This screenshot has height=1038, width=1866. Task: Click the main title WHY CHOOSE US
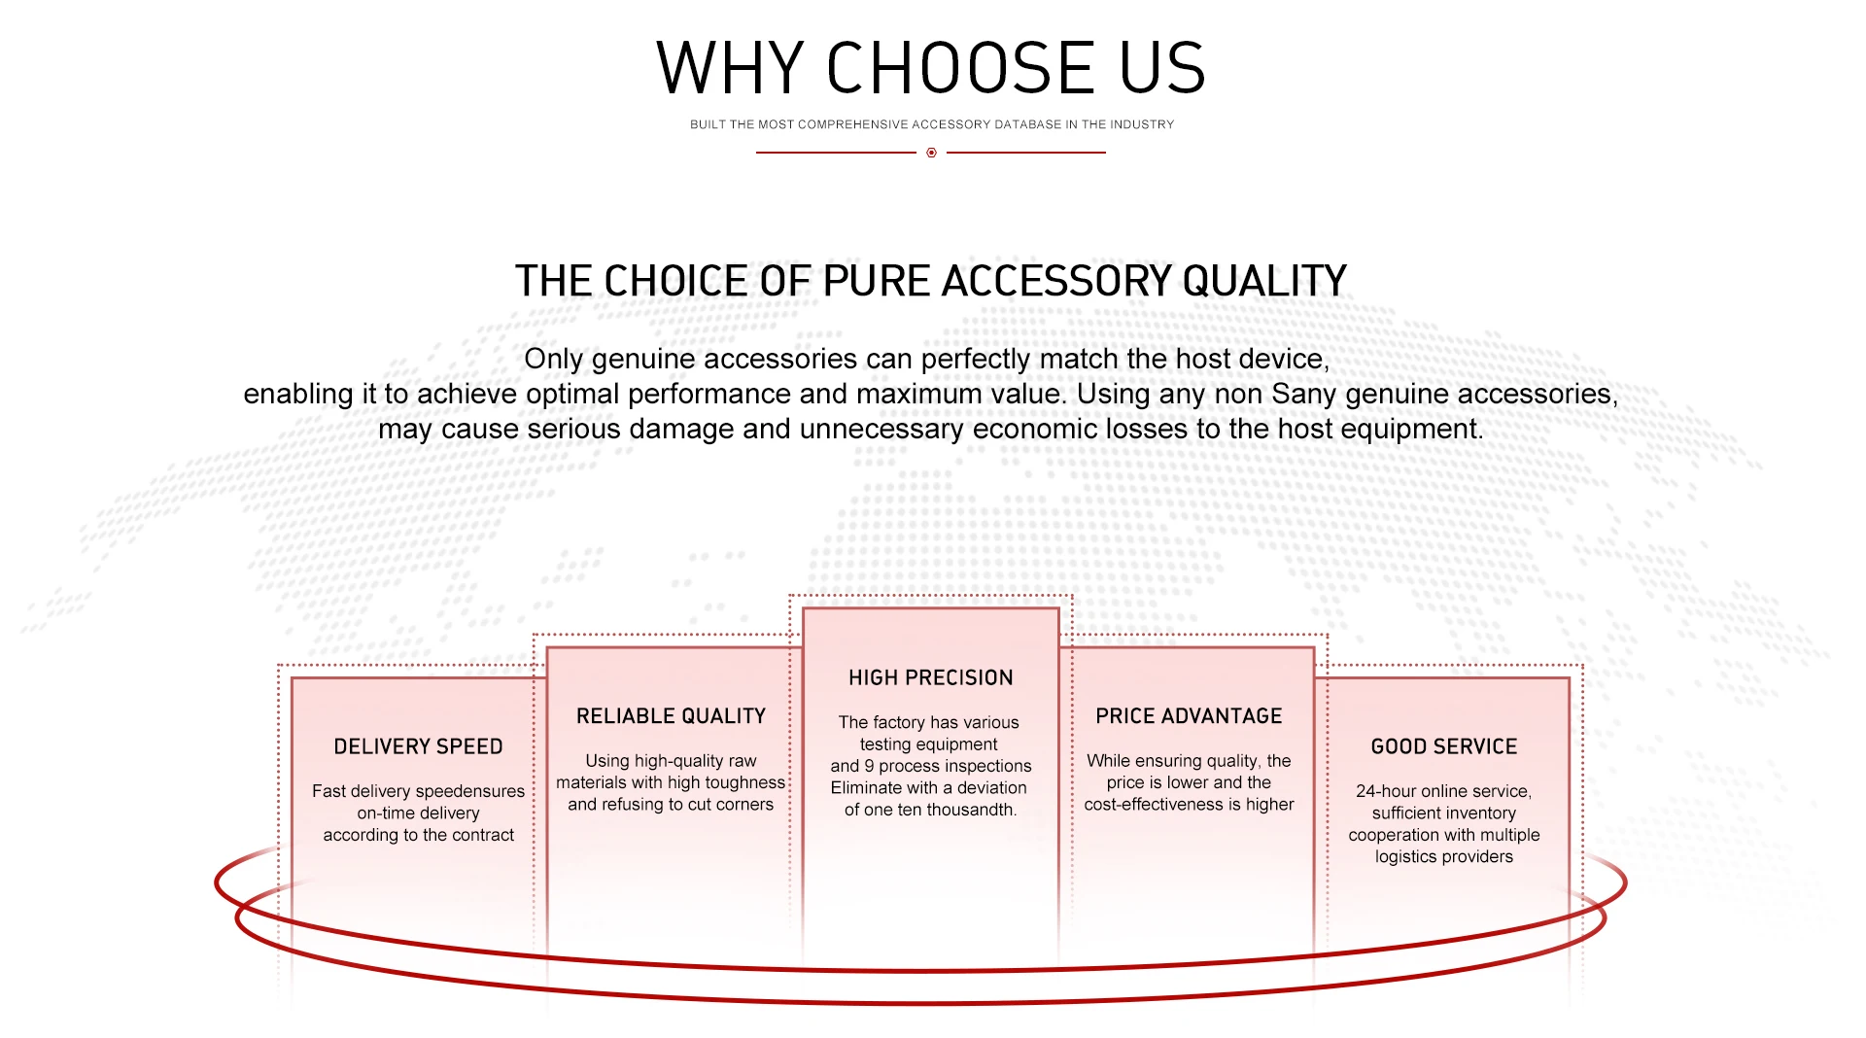click(x=931, y=68)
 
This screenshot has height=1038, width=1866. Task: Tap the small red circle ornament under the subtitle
click(x=931, y=153)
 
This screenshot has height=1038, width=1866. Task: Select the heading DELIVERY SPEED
click(x=418, y=746)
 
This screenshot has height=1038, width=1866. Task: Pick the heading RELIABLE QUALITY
click(x=671, y=716)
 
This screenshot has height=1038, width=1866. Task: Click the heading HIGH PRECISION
click(x=931, y=677)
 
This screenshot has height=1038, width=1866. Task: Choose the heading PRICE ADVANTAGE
click(x=1189, y=716)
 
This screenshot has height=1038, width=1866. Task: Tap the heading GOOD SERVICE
click(x=1444, y=746)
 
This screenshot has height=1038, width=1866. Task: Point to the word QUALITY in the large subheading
click(x=1264, y=281)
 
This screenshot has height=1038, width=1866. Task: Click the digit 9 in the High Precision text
click(x=869, y=766)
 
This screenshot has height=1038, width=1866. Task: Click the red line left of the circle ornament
click(x=836, y=153)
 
